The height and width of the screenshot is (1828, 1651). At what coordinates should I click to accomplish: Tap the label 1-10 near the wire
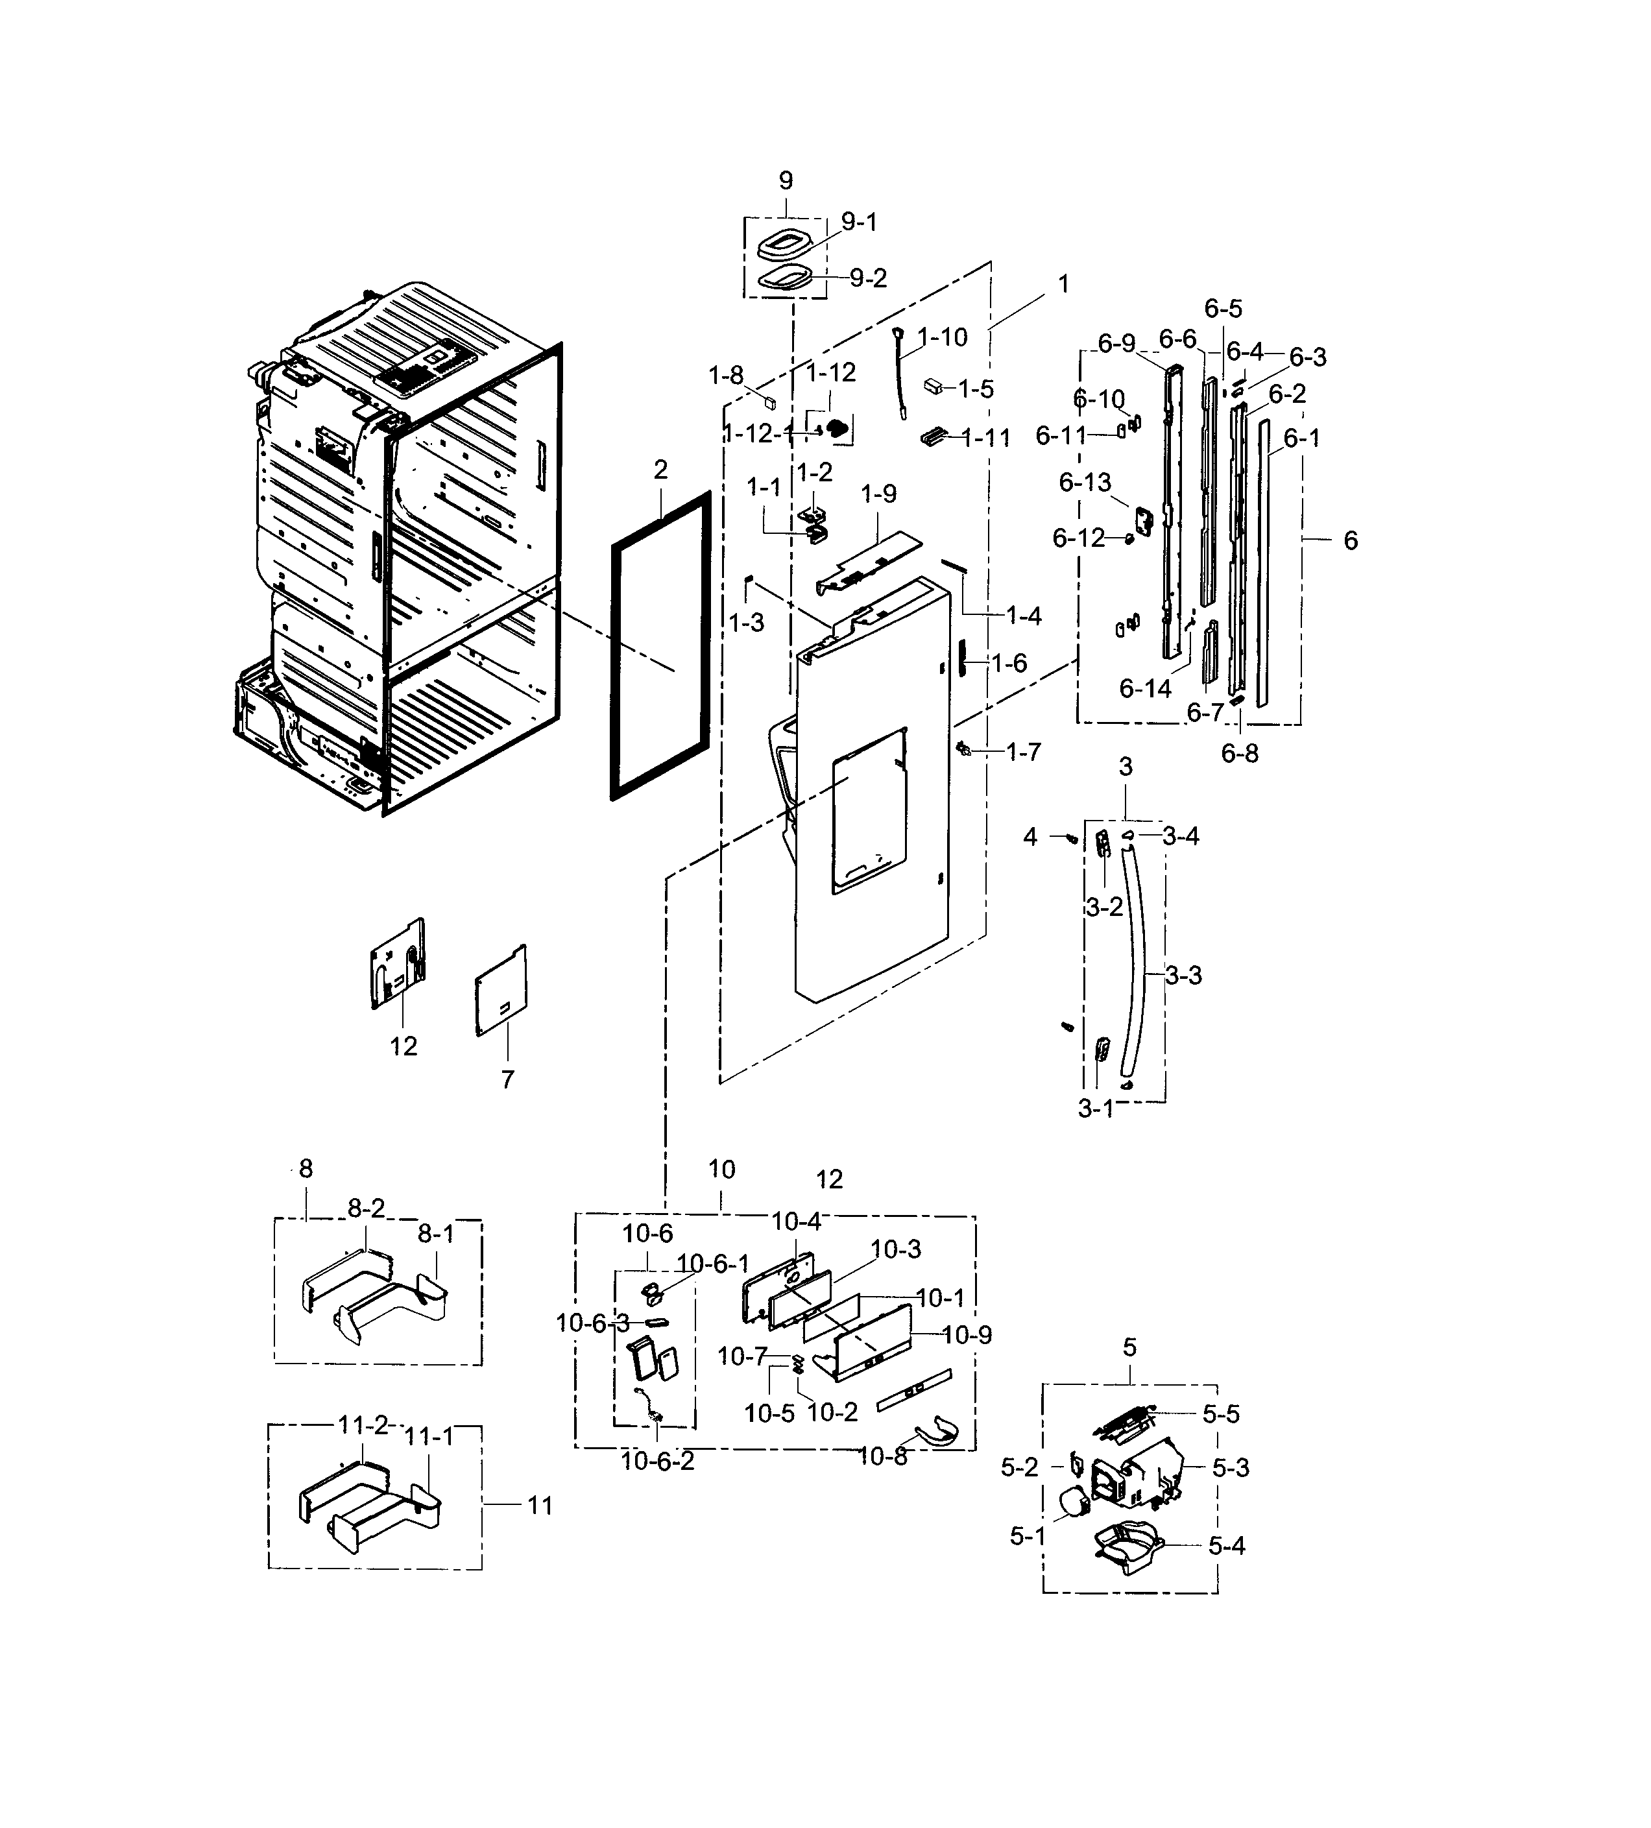coord(942,337)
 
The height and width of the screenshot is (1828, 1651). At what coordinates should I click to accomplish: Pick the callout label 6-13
coord(1085,483)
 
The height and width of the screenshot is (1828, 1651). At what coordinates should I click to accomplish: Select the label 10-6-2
coord(657,1461)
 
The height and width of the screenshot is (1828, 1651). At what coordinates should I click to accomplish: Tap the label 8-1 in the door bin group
coord(436,1234)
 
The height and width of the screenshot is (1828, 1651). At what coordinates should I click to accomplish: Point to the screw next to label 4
coord(1070,839)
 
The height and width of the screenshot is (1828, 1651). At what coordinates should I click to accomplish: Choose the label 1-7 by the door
coord(1022,752)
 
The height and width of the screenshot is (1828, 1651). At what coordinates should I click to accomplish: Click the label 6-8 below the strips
coord(1238,754)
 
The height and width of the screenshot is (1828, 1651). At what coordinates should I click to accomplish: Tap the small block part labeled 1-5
coord(933,385)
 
